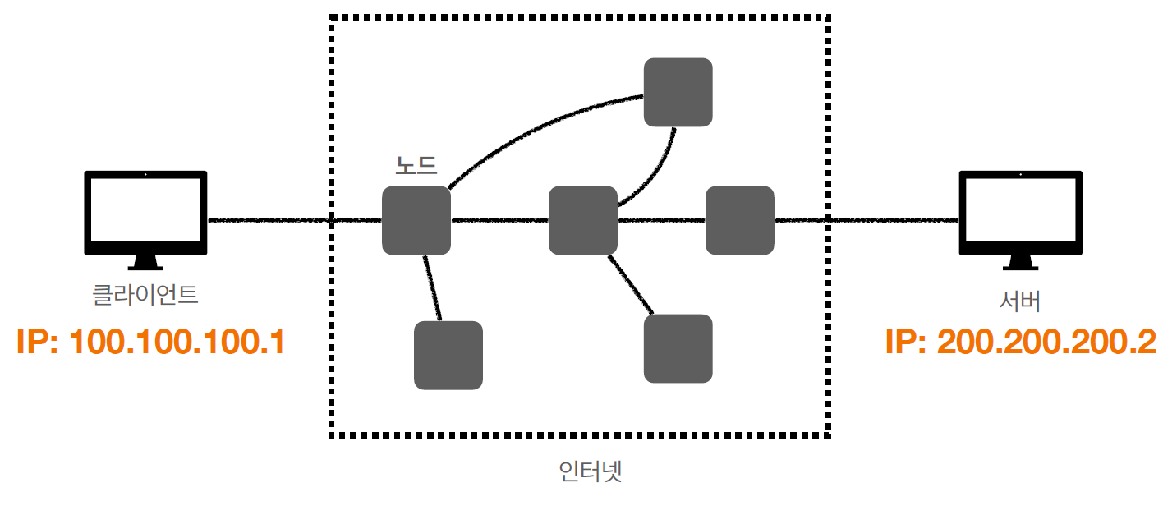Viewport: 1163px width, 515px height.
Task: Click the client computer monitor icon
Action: pyautogui.click(x=145, y=213)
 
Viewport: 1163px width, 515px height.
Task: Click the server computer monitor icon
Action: pyautogui.click(x=1021, y=213)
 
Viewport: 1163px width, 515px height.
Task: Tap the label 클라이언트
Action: pyautogui.click(x=145, y=294)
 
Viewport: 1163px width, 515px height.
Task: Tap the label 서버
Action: pyautogui.click(x=1020, y=301)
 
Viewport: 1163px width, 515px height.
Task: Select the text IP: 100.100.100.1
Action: pyautogui.click(x=150, y=342)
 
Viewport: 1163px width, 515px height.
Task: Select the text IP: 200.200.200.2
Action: pyautogui.click(x=1020, y=342)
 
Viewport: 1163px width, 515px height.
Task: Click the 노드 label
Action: pyautogui.click(x=416, y=165)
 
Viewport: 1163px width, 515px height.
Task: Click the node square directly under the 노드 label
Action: pyautogui.click(x=416, y=220)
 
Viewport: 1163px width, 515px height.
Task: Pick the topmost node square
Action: pyautogui.click(x=678, y=92)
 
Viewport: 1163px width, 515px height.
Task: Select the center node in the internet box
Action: pyautogui.click(x=583, y=220)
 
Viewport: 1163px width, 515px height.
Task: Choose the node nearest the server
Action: pyautogui.click(x=740, y=220)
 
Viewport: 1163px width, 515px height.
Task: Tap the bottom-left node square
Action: pyautogui.click(x=448, y=355)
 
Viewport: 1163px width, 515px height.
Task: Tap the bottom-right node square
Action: pyautogui.click(x=678, y=348)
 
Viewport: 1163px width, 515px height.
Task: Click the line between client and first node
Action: pyautogui.click(x=271, y=220)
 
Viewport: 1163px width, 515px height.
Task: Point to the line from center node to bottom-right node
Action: pyautogui.click(x=631, y=285)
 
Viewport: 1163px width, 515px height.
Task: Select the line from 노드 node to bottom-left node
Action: pyautogui.click(x=433, y=287)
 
